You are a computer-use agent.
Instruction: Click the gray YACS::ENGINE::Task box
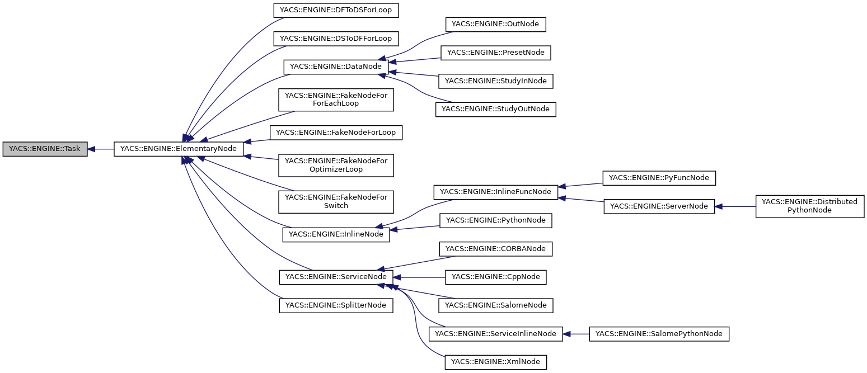[45, 149]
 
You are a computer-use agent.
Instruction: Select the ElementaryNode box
[179, 149]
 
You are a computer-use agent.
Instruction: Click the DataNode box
[336, 67]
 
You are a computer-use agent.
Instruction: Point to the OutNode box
[495, 24]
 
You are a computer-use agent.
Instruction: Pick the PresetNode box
[496, 53]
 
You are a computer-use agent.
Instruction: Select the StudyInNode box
[495, 81]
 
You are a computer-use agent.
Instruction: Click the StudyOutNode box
[495, 109]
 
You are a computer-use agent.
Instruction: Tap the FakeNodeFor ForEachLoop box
[336, 100]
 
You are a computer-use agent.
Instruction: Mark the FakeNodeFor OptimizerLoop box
[336, 165]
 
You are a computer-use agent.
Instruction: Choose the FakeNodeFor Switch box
[336, 201]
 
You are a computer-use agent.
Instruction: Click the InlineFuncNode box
[496, 192]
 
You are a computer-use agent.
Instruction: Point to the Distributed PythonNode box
[809, 206]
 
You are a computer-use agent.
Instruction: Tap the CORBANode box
[496, 248]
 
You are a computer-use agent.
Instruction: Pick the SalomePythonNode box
[659, 334]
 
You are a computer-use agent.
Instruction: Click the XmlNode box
[495, 362]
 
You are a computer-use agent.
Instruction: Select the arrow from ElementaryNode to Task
[101, 149]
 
